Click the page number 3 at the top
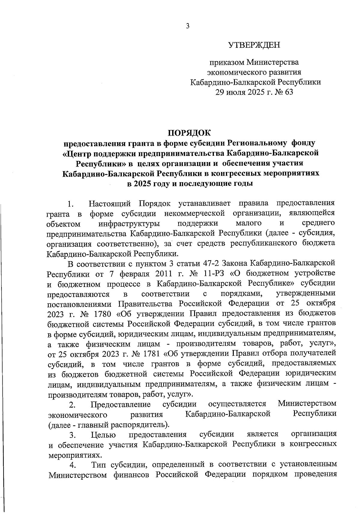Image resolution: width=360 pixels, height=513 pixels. (188, 26)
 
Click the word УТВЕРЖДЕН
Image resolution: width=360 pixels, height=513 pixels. (254, 45)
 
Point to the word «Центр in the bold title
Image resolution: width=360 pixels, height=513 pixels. (77, 153)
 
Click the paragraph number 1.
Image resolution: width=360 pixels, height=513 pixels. (70, 205)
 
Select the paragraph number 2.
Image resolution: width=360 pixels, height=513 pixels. (72, 405)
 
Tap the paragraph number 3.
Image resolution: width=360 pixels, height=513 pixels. (72, 435)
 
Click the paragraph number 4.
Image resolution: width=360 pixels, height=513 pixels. (72, 465)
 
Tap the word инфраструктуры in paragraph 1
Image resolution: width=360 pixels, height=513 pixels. (129, 224)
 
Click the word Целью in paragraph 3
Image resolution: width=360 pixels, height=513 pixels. (103, 435)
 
